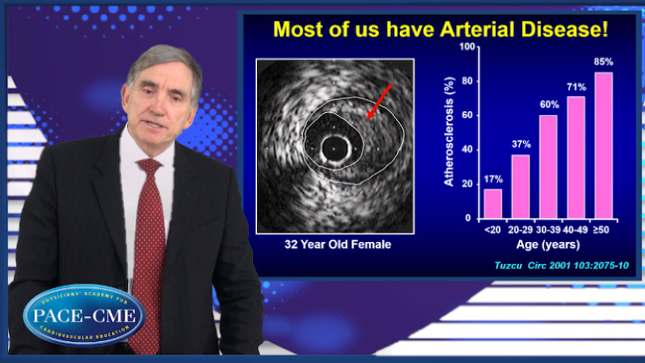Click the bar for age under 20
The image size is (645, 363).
pos(493,204)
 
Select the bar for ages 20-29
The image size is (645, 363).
pos(520,187)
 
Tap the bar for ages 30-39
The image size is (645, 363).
pos(548,167)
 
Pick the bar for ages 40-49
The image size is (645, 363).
pos(576,158)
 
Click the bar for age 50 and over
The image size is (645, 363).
pos(604,145)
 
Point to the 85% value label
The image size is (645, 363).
pos(604,62)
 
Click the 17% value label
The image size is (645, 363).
pos(493,179)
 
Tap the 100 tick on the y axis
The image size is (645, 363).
pos(467,47)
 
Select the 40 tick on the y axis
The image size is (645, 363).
pos(467,149)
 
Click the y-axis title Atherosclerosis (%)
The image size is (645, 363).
pos(449,132)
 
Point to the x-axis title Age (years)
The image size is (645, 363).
pos(548,244)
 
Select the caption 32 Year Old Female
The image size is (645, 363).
pos(338,244)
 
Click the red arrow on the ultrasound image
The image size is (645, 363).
pos(379,102)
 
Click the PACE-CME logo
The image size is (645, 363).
pos(84,315)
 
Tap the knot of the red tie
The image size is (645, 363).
pos(149,167)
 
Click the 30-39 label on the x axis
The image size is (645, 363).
pos(548,230)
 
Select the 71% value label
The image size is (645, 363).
pos(576,87)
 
